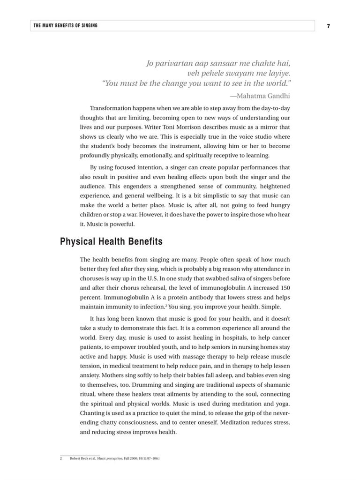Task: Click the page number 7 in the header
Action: coord(328,26)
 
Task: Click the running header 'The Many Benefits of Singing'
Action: coord(65,26)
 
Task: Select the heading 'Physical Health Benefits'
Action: coord(111,242)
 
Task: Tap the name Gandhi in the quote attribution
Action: coord(277,96)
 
